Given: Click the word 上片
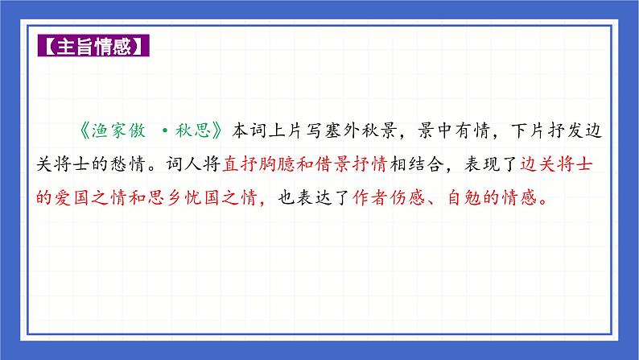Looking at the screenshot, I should (291, 129).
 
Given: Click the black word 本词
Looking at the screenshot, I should (252, 129).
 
